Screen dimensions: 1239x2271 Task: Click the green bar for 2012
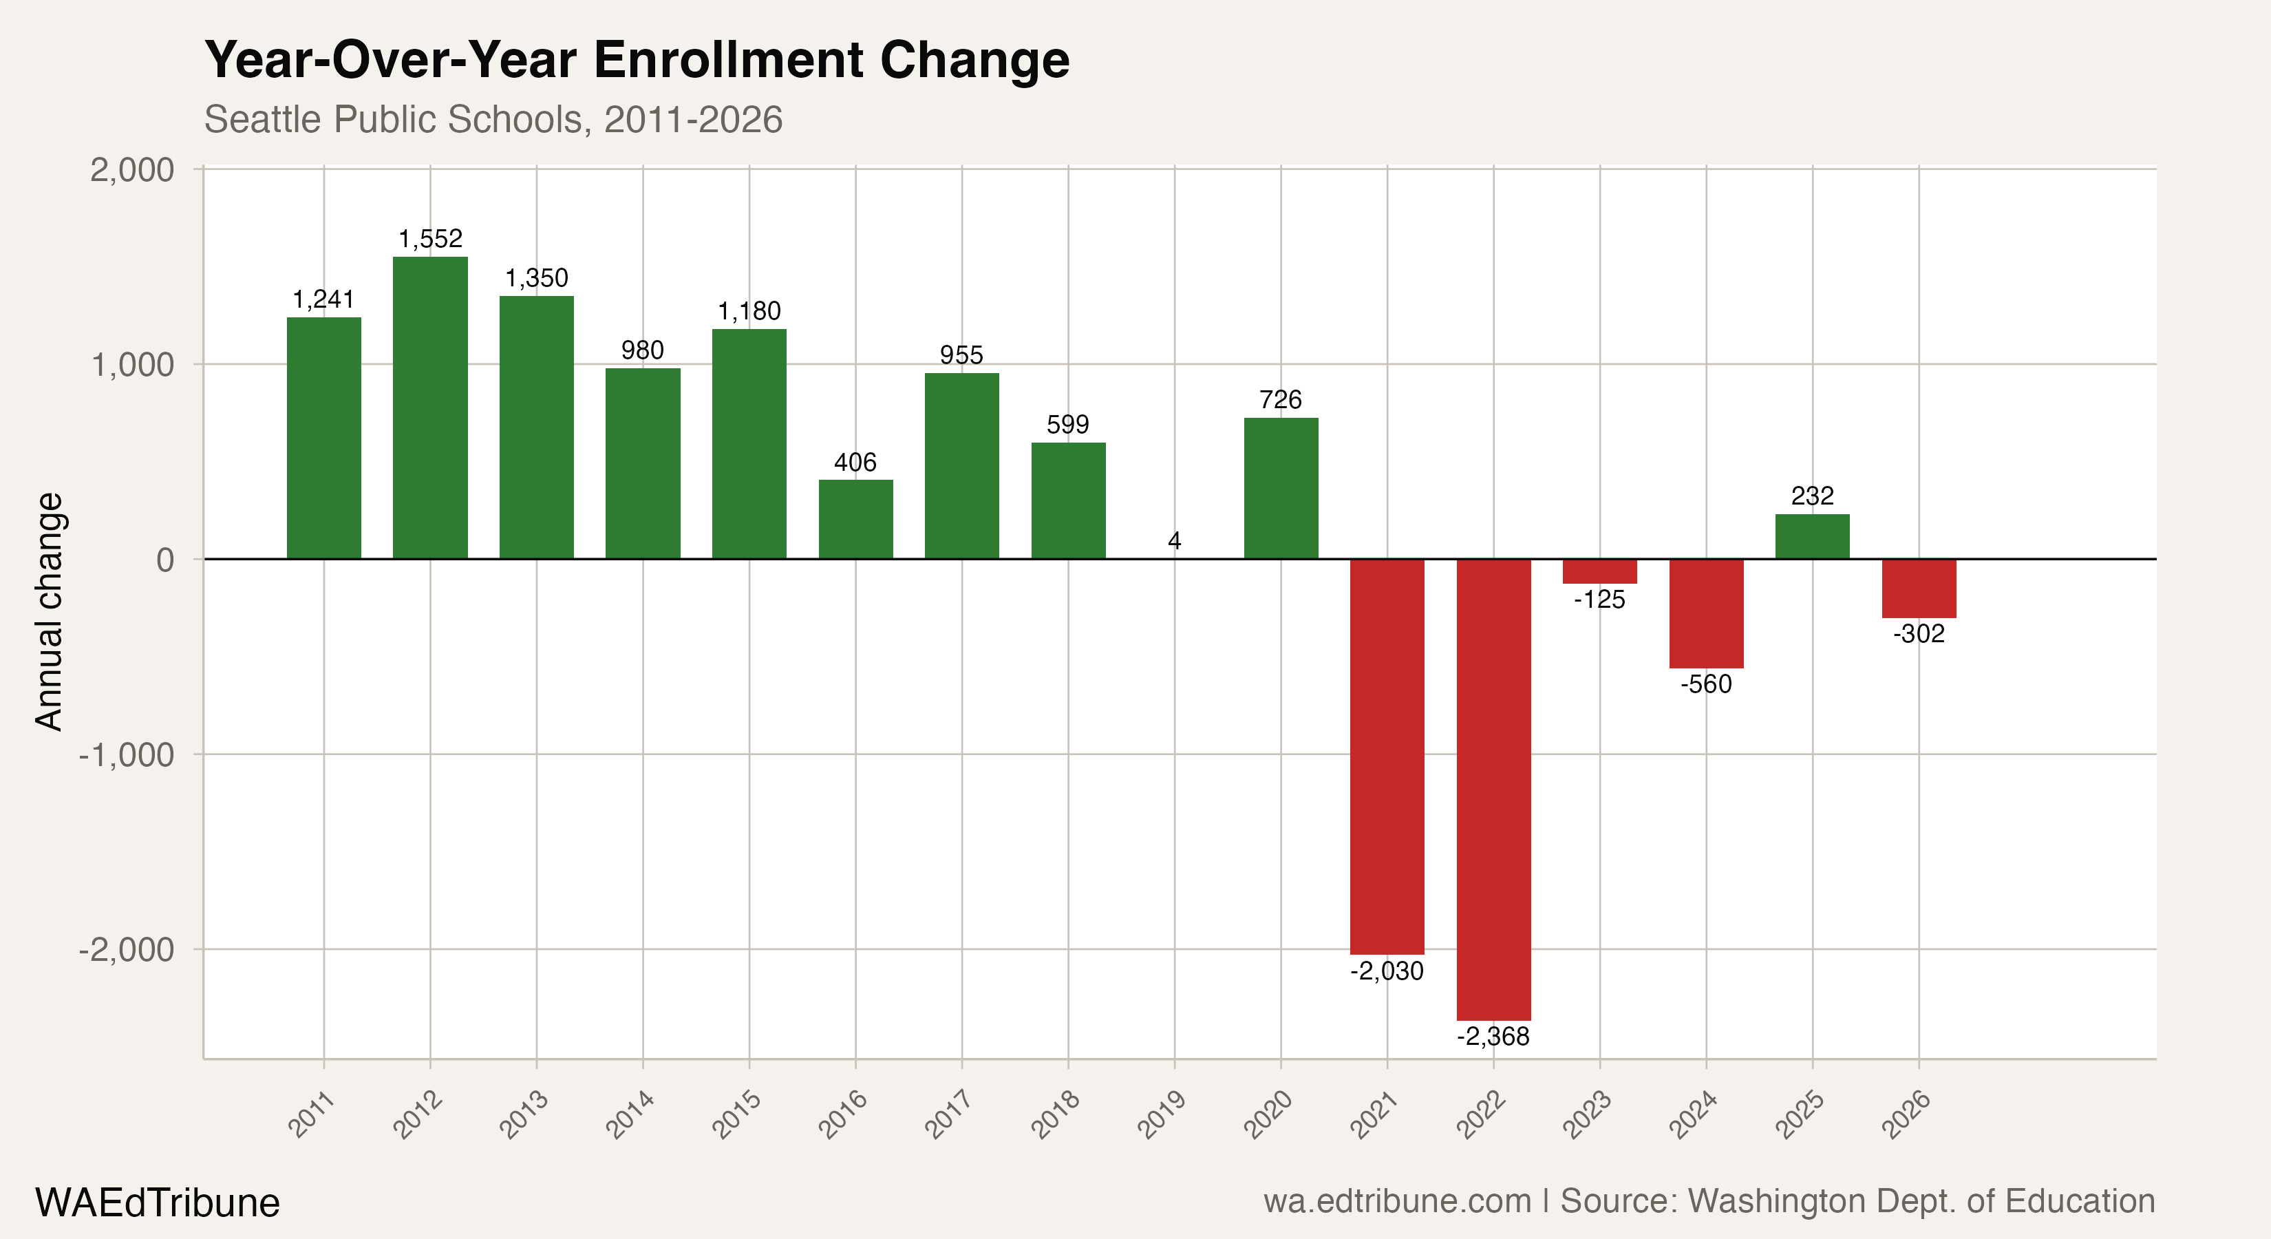click(430, 407)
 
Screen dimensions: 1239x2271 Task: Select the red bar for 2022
click(1493, 790)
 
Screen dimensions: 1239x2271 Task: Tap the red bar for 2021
click(1387, 756)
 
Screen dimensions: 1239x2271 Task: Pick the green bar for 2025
click(1812, 536)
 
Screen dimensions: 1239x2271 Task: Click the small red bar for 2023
click(1599, 571)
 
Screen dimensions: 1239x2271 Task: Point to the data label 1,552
click(430, 239)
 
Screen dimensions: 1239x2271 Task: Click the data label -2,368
click(1493, 1036)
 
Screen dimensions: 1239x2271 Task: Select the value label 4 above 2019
click(1174, 540)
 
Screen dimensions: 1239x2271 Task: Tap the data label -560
click(1706, 684)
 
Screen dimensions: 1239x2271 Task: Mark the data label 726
click(1280, 399)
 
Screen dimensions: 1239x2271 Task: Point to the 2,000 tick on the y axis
click(132, 169)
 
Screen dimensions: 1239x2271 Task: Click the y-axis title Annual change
click(50, 611)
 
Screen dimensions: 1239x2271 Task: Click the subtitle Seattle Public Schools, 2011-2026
click(493, 119)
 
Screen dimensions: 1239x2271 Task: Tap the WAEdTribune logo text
click(157, 1203)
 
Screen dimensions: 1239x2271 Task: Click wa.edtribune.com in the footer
click(1396, 1201)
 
